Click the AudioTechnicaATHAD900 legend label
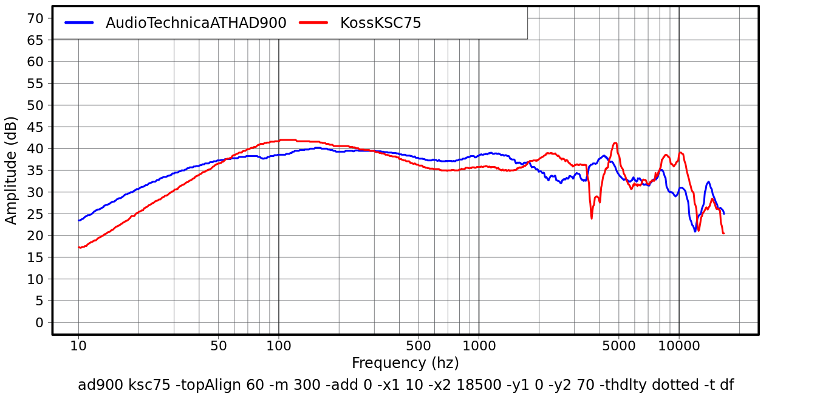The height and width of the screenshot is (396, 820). [196, 23]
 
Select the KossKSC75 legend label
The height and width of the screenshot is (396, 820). [380, 23]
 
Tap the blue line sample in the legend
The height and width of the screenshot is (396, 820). [79, 23]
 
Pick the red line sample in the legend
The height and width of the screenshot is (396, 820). [313, 23]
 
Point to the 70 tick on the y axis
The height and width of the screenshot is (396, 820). [35, 18]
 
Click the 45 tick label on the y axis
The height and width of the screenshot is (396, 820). [35, 127]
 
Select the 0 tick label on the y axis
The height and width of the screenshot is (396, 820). [39, 322]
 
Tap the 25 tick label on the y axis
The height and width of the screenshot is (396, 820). [35, 214]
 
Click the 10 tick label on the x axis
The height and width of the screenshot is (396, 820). [78, 347]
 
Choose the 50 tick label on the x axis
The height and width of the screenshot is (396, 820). [219, 347]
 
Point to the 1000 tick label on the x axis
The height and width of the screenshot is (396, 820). [479, 347]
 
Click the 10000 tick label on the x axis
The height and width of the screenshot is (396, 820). [678, 347]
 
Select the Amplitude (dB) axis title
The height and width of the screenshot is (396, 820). [12, 170]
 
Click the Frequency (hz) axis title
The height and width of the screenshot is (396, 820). [405, 364]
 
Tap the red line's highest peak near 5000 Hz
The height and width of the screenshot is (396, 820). [615, 144]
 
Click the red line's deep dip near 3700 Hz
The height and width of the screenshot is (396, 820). [592, 218]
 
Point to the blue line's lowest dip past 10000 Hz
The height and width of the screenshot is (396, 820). [695, 231]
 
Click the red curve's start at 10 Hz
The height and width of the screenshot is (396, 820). [79, 247]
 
